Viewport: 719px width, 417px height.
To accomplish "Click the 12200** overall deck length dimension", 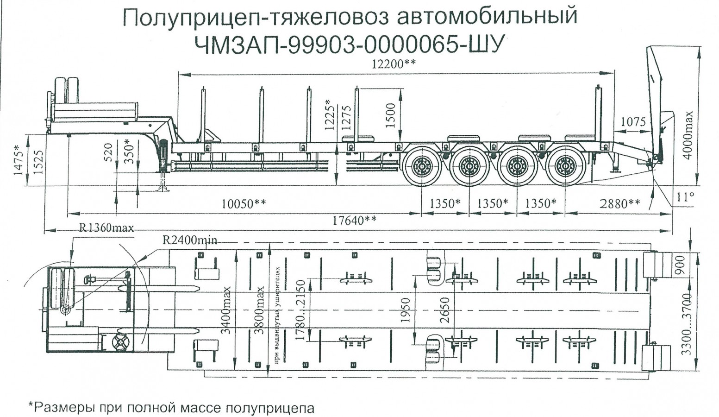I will (x=394, y=64).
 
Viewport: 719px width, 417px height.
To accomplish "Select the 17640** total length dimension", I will (x=355, y=221).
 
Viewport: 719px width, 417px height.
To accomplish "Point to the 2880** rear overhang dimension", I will (x=620, y=204).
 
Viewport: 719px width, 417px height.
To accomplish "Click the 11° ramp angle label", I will (x=685, y=197).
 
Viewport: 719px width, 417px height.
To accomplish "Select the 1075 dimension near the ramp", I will (x=633, y=122).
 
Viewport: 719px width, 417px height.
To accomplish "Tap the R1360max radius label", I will (x=106, y=228).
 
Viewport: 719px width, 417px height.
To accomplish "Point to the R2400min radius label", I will (x=190, y=240).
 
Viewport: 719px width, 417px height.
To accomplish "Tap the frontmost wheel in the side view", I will (x=421, y=166).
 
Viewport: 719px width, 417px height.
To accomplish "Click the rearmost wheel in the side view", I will (x=565, y=166).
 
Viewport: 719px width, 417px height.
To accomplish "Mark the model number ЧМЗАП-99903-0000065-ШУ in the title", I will (x=349, y=45).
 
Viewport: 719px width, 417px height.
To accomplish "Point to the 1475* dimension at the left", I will (x=18, y=160).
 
